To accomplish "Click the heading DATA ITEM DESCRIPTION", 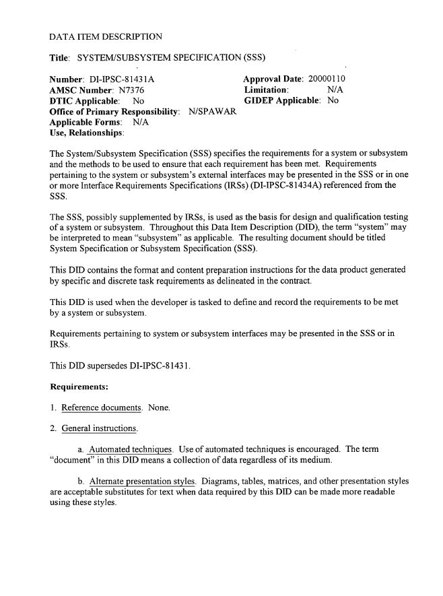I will (x=106, y=36).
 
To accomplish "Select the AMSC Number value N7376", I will (x=131, y=90).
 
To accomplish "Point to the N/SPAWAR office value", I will (x=213, y=111).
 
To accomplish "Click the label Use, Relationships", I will (x=87, y=133).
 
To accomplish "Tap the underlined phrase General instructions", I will (x=100, y=428).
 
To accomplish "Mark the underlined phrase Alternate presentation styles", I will (x=142, y=481).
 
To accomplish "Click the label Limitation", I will (x=267, y=90).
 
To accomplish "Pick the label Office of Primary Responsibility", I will (x=114, y=111).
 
